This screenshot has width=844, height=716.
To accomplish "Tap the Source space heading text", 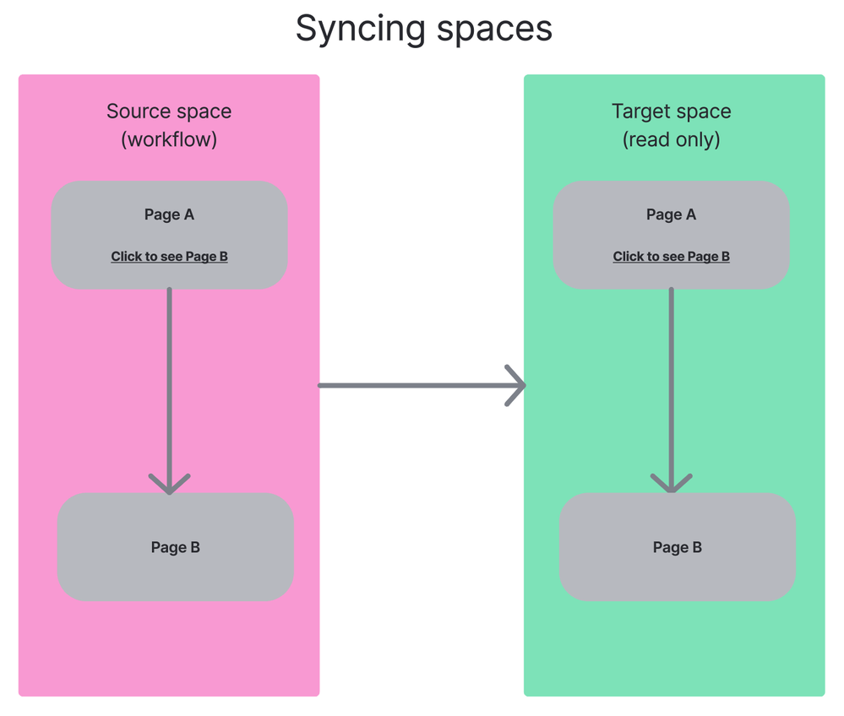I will click(169, 111).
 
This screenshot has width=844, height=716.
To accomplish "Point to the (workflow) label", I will click(169, 139).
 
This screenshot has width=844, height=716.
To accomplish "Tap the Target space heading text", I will click(672, 111).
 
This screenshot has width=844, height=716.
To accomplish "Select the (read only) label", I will click(672, 139).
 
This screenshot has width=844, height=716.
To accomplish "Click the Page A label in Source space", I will click(169, 214).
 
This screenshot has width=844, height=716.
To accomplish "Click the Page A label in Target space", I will click(672, 214).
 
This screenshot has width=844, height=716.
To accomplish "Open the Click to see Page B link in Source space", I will click(169, 257).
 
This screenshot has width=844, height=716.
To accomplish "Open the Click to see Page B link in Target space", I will click(672, 257).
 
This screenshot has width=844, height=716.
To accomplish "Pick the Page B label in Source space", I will click(176, 547).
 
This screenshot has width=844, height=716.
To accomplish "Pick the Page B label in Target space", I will click(678, 547).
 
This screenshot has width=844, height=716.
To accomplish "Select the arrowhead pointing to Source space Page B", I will click(170, 485).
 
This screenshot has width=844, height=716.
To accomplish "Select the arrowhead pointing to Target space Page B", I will click(672, 484).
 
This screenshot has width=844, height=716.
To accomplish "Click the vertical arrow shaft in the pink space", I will click(170, 380).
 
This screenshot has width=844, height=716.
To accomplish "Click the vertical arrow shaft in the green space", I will click(672, 380).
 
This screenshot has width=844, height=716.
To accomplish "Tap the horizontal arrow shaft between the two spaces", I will click(414, 386).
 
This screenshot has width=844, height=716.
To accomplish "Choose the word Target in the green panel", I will click(635, 111).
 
